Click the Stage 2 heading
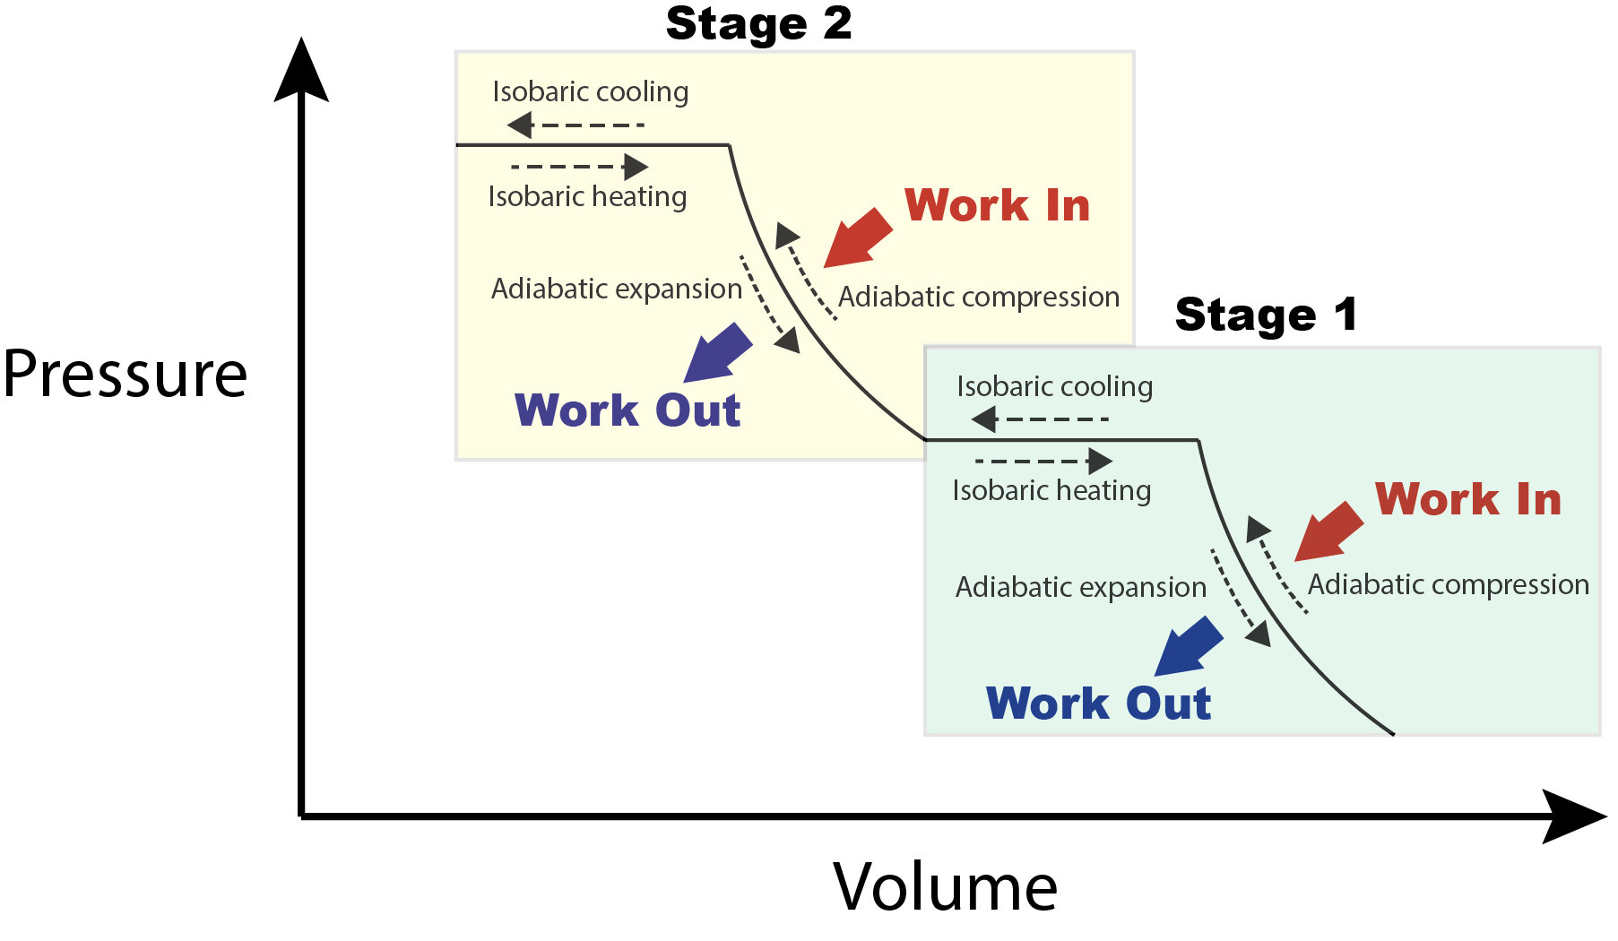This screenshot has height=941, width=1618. click(x=758, y=23)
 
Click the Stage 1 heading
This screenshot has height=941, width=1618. click(x=1266, y=315)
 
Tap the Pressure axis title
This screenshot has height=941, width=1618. click(x=125, y=374)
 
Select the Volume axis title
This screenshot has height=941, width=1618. click(x=945, y=887)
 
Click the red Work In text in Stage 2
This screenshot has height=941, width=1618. click(x=997, y=205)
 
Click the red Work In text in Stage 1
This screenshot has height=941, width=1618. click(x=1467, y=499)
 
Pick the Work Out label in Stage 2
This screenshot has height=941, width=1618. click(x=627, y=410)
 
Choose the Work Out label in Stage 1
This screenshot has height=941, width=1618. click(x=1098, y=704)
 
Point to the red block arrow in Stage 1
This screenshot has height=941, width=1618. click(x=1328, y=531)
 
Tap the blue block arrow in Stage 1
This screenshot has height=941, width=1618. click(x=1189, y=646)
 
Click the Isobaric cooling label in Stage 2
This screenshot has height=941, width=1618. click(x=591, y=92)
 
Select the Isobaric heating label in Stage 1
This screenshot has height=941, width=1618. click(x=1051, y=491)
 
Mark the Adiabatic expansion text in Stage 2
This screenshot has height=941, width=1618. click(x=617, y=289)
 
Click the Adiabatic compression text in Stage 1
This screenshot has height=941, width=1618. click(x=1448, y=585)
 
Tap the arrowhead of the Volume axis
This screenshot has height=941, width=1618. click(x=1573, y=816)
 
